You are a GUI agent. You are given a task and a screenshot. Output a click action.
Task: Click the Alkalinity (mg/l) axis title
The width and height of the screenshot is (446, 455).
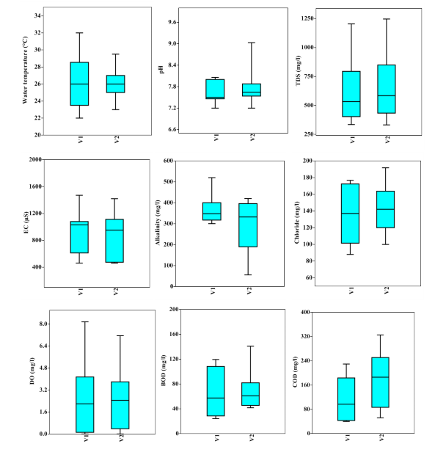pos(157,223)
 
